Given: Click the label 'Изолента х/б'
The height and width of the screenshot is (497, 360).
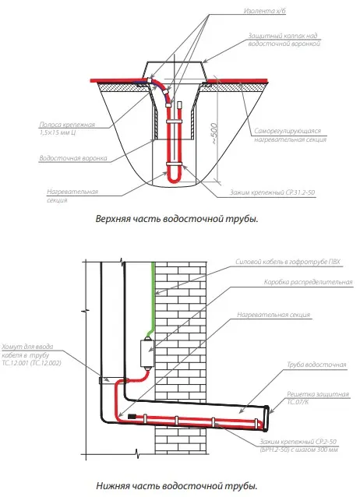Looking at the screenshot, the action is (x=264, y=11).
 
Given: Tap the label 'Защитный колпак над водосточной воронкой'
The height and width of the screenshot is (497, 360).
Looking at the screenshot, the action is (x=284, y=40).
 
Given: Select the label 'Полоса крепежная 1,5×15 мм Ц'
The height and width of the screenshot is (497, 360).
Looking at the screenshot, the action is (x=67, y=129).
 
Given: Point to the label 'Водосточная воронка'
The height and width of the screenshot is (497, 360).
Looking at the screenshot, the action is (x=73, y=158).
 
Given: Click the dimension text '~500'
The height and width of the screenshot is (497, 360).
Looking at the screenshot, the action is (x=215, y=133).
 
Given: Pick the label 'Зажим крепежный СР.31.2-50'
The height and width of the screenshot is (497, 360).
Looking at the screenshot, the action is (x=272, y=192).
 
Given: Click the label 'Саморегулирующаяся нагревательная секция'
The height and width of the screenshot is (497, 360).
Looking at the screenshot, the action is (x=290, y=135).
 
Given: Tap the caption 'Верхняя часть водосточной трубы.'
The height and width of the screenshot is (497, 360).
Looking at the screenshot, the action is (x=177, y=219).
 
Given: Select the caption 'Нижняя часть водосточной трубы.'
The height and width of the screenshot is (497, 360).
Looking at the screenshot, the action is (x=177, y=485).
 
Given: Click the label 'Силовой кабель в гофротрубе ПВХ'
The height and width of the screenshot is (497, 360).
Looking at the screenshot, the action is (x=288, y=262).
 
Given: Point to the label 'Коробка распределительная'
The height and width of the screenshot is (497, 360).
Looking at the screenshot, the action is (x=308, y=282).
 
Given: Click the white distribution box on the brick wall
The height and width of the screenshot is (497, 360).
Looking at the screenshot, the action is (x=147, y=354).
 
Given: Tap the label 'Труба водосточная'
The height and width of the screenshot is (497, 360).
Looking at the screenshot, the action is (x=316, y=365).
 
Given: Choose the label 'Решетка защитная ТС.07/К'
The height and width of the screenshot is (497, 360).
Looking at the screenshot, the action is (x=317, y=398).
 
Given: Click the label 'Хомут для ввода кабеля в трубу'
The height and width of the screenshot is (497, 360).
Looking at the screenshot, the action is (x=31, y=354).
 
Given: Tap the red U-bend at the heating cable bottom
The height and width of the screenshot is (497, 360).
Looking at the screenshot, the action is (x=174, y=180).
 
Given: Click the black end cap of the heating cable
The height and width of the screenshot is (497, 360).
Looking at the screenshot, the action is (x=132, y=416).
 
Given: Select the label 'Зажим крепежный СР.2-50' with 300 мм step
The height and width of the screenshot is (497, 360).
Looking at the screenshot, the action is (x=298, y=446).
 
